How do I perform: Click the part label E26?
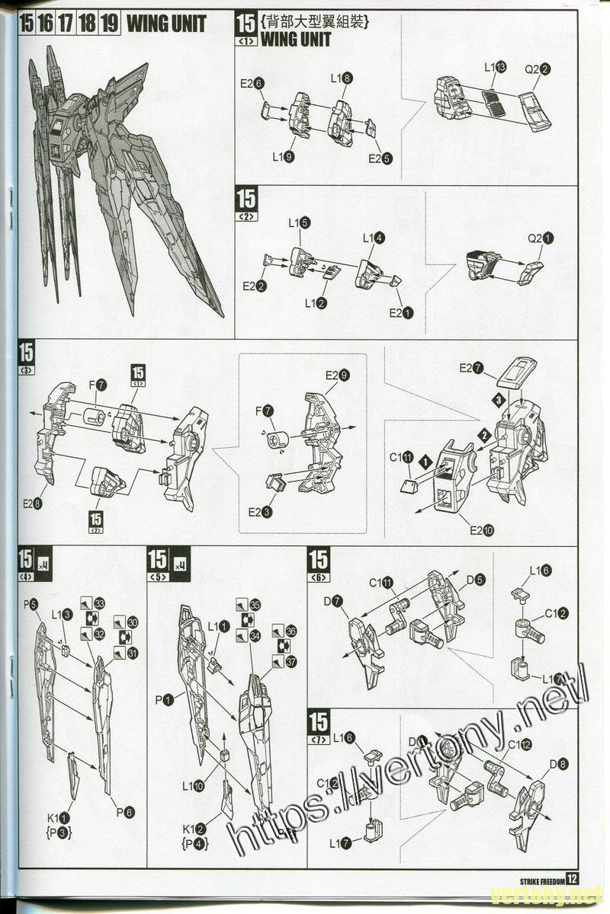click(252, 84)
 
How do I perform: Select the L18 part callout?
click(341, 78)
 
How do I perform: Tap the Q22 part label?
click(538, 69)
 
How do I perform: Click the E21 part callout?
click(401, 312)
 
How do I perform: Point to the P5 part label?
click(30, 605)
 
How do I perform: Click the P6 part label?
click(125, 813)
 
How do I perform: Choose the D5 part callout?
click(474, 580)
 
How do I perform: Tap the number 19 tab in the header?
click(109, 24)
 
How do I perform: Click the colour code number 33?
click(99, 603)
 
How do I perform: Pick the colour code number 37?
click(290, 662)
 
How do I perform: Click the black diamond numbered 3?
click(496, 399)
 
